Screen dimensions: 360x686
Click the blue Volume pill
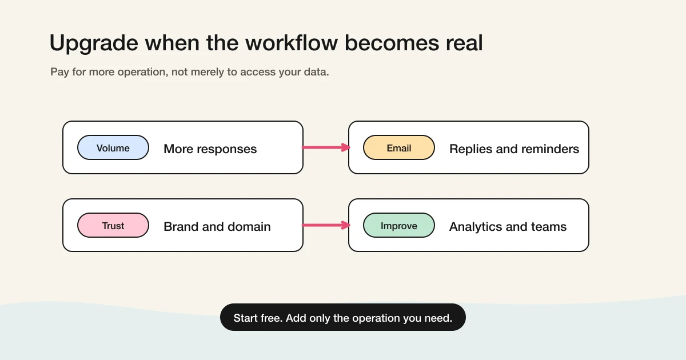tap(113, 148)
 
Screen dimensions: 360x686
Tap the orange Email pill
tap(399, 148)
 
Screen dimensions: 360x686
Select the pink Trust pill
tap(113, 226)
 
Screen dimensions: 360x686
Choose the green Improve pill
tap(399, 226)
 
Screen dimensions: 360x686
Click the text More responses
tap(210, 149)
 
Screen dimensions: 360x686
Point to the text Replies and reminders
tap(514, 149)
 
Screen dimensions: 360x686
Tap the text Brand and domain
tap(217, 227)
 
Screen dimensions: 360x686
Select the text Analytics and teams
tap(508, 227)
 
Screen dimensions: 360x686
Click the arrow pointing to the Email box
tap(326, 147)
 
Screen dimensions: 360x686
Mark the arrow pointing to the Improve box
tap(326, 225)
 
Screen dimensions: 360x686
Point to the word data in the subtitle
tap(316, 72)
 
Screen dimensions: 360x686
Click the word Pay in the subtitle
tap(59, 72)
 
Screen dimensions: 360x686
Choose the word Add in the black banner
tap(296, 318)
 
